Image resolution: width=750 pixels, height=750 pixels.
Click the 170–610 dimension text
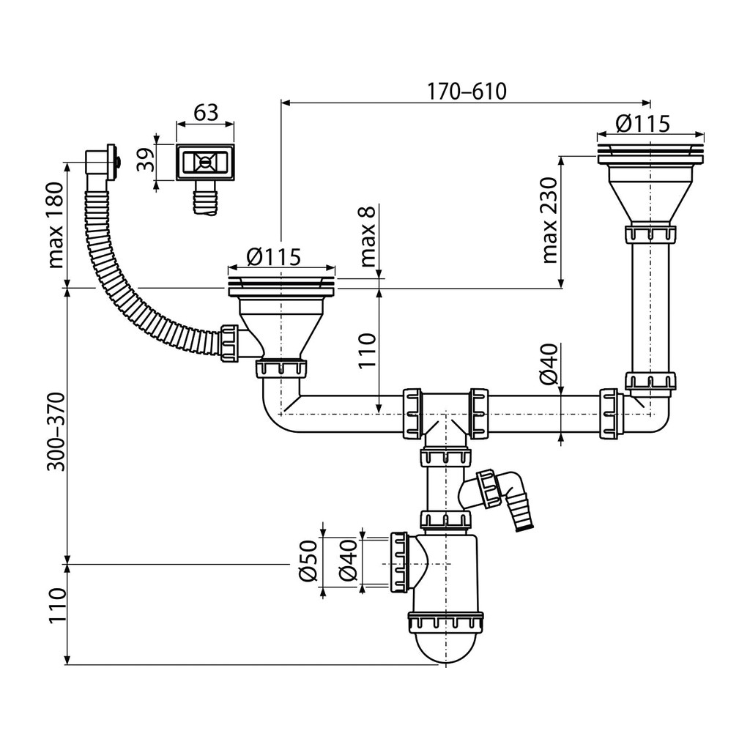click(467, 92)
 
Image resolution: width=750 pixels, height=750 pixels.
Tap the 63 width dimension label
click(206, 112)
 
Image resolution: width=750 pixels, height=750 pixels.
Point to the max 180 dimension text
click(56, 225)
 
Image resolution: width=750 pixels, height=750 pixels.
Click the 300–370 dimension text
click(56, 431)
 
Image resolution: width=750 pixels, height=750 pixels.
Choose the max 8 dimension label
click(368, 235)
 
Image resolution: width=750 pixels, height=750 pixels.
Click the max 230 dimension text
click(550, 220)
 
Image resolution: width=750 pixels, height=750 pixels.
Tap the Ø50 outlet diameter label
click(308, 560)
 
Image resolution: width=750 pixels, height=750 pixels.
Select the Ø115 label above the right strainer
click(642, 123)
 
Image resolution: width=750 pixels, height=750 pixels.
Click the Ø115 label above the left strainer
click(274, 257)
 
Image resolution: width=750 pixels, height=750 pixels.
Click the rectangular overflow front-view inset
click(205, 163)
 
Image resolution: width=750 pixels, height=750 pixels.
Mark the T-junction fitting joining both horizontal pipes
click(445, 416)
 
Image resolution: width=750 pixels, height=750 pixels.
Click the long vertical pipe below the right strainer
click(650, 306)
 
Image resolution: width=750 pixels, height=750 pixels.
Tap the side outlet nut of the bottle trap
click(399, 563)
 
